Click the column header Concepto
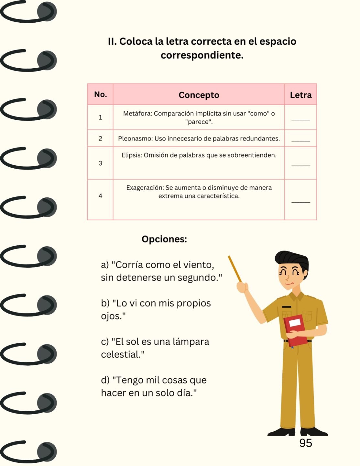(199, 95)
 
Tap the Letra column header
(300, 95)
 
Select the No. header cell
(100, 94)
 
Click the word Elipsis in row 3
(132, 155)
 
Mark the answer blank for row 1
(300, 120)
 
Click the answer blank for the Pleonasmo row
(300, 141)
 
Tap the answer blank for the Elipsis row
(300, 165)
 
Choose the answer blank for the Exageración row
(300, 202)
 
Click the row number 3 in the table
(100, 163)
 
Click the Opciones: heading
(164, 239)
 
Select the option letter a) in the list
(104, 265)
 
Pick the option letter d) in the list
(105, 380)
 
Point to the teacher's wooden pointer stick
(235, 269)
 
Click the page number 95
(305, 443)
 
